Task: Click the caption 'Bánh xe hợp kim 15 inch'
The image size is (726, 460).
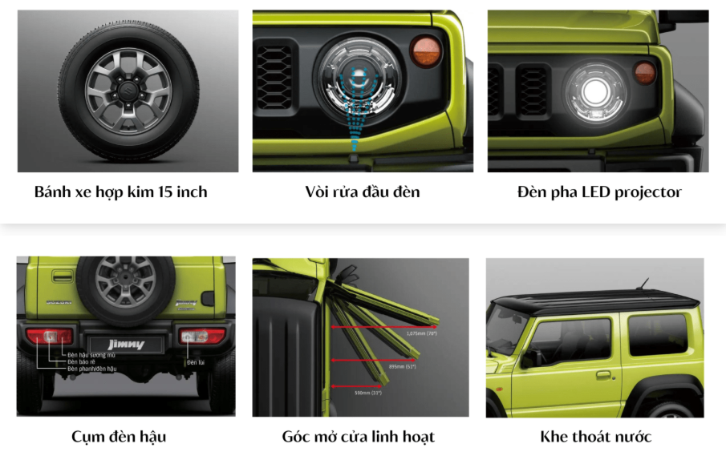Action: click(x=120, y=192)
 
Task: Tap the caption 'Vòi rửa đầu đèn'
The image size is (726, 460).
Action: click(x=363, y=192)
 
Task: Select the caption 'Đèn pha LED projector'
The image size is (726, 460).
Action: click(x=599, y=192)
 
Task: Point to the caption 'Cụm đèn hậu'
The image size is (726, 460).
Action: click(x=119, y=437)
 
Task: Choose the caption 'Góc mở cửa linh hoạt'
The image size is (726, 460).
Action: click(x=359, y=437)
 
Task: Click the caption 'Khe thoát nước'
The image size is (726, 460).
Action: click(x=596, y=437)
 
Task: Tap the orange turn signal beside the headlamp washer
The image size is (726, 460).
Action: click(x=426, y=51)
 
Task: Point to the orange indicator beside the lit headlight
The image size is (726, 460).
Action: click(x=645, y=72)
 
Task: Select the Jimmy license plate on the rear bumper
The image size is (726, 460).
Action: click(x=125, y=344)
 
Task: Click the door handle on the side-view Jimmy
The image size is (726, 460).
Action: click(x=603, y=374)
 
